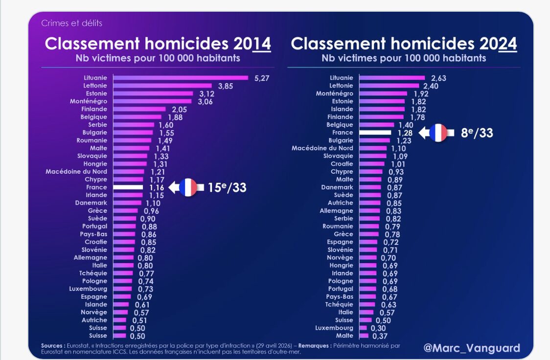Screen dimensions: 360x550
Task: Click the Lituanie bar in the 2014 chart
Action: tap(181, 78)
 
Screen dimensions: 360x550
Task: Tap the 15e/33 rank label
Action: tap(226, 188)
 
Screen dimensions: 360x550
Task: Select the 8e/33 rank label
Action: tap(477, 133)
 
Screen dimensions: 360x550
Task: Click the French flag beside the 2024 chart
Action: tap(438, 133)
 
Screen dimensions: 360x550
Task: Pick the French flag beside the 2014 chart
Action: tap(188, 188)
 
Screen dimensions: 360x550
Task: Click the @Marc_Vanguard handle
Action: tap(472, 348)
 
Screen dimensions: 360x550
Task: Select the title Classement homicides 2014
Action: tap(158, 44)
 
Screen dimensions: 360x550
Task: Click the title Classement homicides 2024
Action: tap(404, 44)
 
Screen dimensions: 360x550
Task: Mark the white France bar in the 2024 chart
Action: tap(375, 133)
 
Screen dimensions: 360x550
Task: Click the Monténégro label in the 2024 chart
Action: tap(334, 93)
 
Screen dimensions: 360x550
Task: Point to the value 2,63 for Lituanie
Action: tap(438, 78)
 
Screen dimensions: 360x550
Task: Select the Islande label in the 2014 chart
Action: tap(96, 305)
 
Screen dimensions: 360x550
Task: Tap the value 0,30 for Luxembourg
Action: tap(377, 328)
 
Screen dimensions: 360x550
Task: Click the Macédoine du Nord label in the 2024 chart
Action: tap(322, 148)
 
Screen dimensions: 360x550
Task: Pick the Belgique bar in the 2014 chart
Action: tap(137, 117)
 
